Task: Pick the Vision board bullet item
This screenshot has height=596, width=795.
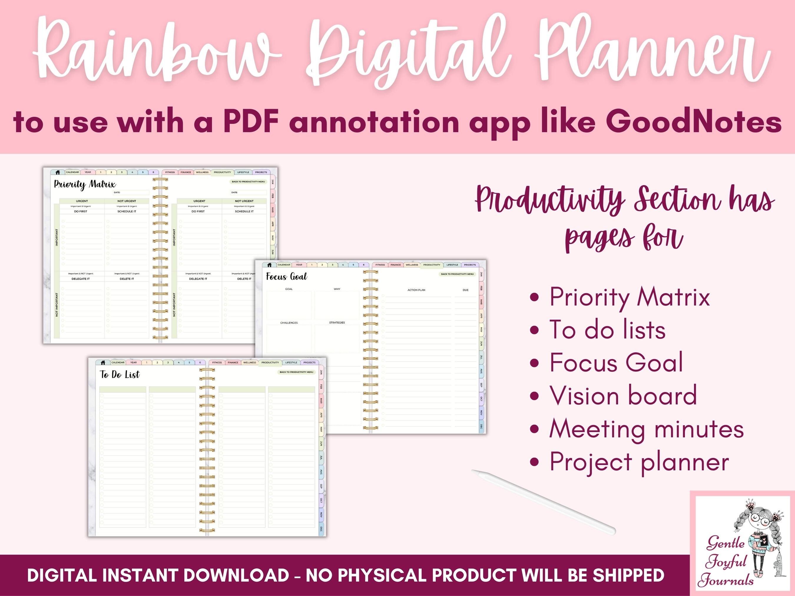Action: click(623, 396)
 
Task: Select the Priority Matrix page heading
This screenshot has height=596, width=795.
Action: click(85, 184)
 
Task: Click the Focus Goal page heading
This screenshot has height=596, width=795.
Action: click(286, 276)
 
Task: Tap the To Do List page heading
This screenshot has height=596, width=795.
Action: click(120, 375)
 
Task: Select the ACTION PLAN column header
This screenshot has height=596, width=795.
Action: click(416, 290)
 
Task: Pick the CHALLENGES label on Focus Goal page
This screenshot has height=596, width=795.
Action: click(289, 323)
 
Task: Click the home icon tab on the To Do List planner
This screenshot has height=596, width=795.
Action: click(103, 363)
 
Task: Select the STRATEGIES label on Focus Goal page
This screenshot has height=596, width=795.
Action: click(337, 323)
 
